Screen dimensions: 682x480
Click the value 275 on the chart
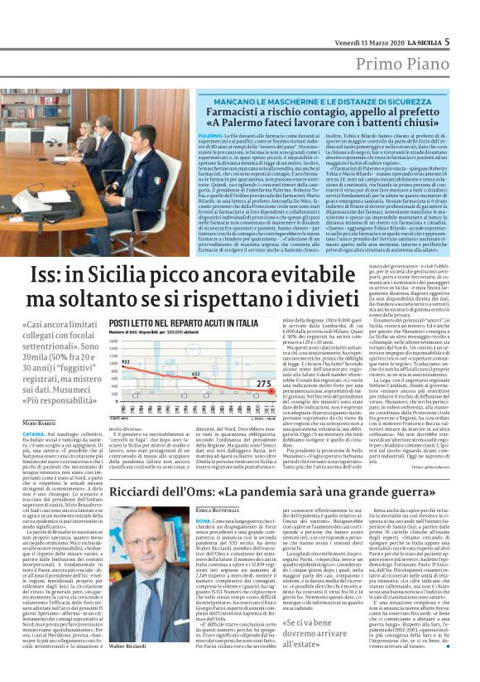coord(264,384)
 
